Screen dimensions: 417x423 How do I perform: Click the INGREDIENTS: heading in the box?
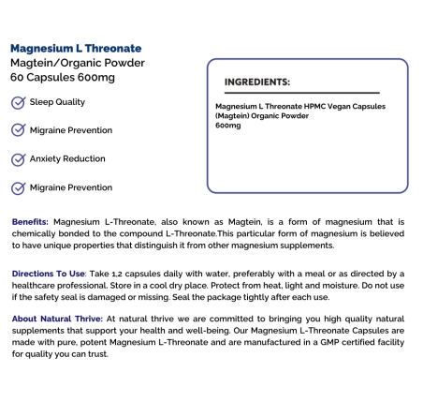click(x=257, y=82)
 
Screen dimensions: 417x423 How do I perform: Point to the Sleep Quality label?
click(x=57, y=102)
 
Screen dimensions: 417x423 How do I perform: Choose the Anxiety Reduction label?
click(x=67, y=158)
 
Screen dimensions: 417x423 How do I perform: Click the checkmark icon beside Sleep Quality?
click(x=17, y=102)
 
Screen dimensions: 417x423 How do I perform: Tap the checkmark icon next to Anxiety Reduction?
click(x=17, y=158)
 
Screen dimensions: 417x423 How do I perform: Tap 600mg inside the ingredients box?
click(x=227, y=125)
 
